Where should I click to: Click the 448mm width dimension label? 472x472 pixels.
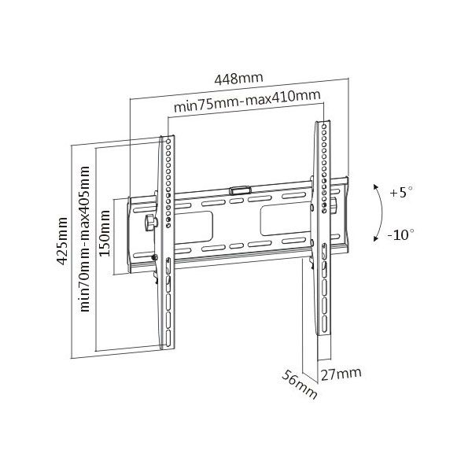[238, 79]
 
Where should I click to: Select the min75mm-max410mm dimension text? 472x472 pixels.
[247, 101]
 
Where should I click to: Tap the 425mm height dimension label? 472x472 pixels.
[62, 241]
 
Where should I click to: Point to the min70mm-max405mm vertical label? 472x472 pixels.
[85, 238]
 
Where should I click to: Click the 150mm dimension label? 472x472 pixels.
[105, 234]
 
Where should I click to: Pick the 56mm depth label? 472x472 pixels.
[300, 385]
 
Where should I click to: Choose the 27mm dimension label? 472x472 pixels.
[341, 374]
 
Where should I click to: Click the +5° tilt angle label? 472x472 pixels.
[401, 192]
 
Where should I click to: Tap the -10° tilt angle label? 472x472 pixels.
[400, 234]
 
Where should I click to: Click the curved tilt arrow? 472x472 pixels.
[382, 212]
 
